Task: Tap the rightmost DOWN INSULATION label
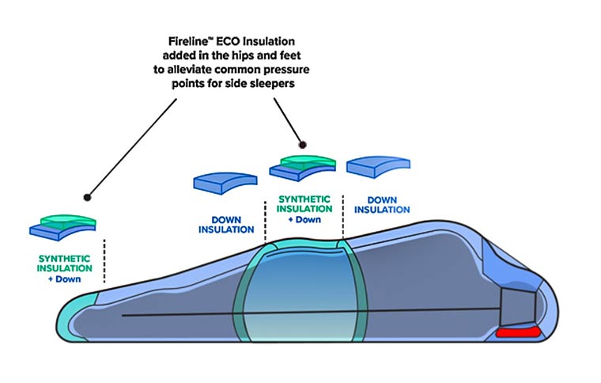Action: tap(382, 203)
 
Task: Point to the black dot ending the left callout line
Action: tap(87, 197)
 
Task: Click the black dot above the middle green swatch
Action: tap(301, 145)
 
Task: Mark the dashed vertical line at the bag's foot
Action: tap(104, 260)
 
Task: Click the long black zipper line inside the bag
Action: tap(316, 313)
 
